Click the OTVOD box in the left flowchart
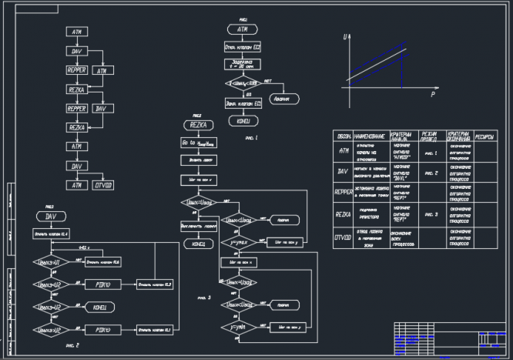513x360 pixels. [x=102, y=185]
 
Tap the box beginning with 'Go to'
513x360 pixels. [x=199, y=143]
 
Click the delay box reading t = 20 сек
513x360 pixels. [x=243, y=64]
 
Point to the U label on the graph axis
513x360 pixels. [x=347, y=35]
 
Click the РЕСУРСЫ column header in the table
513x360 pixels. [x=486, y=135]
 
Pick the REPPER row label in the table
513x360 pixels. [x=343, y=190]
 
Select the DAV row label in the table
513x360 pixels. [x=343, y=171]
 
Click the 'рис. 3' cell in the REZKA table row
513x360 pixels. [x=430, y=214]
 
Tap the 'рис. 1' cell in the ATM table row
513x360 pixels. [x=430, y=153]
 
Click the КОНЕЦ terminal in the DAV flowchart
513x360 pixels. [x=99, y=308]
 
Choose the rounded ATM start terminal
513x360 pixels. [x=242, y=29]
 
